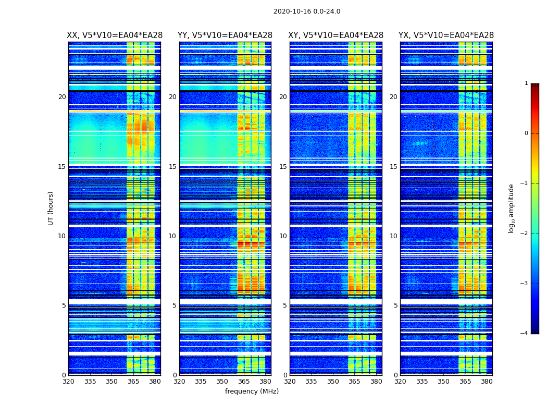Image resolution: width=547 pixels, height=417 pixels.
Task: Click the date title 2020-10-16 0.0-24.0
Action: [307, 11]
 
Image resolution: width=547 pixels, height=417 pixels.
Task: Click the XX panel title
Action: [115, 35]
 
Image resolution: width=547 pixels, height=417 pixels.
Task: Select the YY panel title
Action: [225, 35]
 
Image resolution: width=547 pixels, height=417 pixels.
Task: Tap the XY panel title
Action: [336, 35]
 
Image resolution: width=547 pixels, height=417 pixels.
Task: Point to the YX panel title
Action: [446, 35]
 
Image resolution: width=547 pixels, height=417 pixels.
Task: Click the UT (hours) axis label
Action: [51, 208]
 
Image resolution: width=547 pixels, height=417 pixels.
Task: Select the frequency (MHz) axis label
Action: [252, 391]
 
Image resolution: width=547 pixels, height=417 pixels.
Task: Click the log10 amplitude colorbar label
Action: [511, 208]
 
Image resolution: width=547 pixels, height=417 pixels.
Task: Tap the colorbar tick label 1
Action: [526, 83]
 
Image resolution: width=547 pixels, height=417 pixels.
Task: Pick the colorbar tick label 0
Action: [526, 133]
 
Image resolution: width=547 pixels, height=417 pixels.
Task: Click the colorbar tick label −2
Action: [525, 234]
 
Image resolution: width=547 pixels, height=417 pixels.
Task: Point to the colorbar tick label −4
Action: [525, 334]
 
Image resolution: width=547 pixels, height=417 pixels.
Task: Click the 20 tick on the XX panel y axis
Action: [62, 97]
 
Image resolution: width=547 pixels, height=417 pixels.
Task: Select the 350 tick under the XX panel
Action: [111, 382]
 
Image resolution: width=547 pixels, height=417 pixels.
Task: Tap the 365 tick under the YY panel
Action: [244, 382]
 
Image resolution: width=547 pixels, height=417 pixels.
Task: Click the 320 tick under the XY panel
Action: [290, 382]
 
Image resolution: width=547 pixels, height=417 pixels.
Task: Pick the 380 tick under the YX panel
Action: [487, 382]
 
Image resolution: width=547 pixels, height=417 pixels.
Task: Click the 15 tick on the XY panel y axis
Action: [283, 167]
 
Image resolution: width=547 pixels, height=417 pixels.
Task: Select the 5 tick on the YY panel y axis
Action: [175, 305]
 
